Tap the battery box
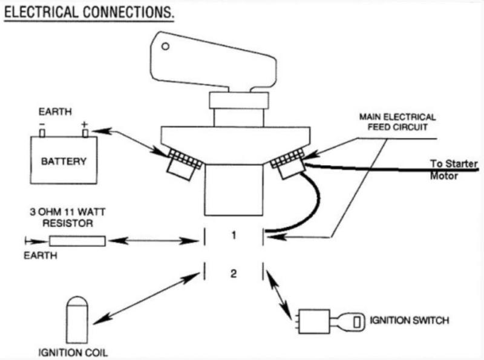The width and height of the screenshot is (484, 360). pyautogui.click(x=64, y=160)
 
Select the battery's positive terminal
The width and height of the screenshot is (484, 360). pyautogui.click(x=85, y=132)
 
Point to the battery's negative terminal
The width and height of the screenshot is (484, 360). pyautogui.click(x=42, y=132)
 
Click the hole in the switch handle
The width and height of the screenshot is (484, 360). pyautogui.click(x=167, y=45)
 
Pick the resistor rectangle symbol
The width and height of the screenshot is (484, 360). pyautogui.click(x=77, y=241)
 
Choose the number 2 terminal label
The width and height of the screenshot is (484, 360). pyautogui.click(x=233, y=273)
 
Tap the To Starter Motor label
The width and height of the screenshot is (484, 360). pyautogui.click(x=454, y=169)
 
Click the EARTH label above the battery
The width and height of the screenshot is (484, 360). pyautogui.click(x=54, y=112)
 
